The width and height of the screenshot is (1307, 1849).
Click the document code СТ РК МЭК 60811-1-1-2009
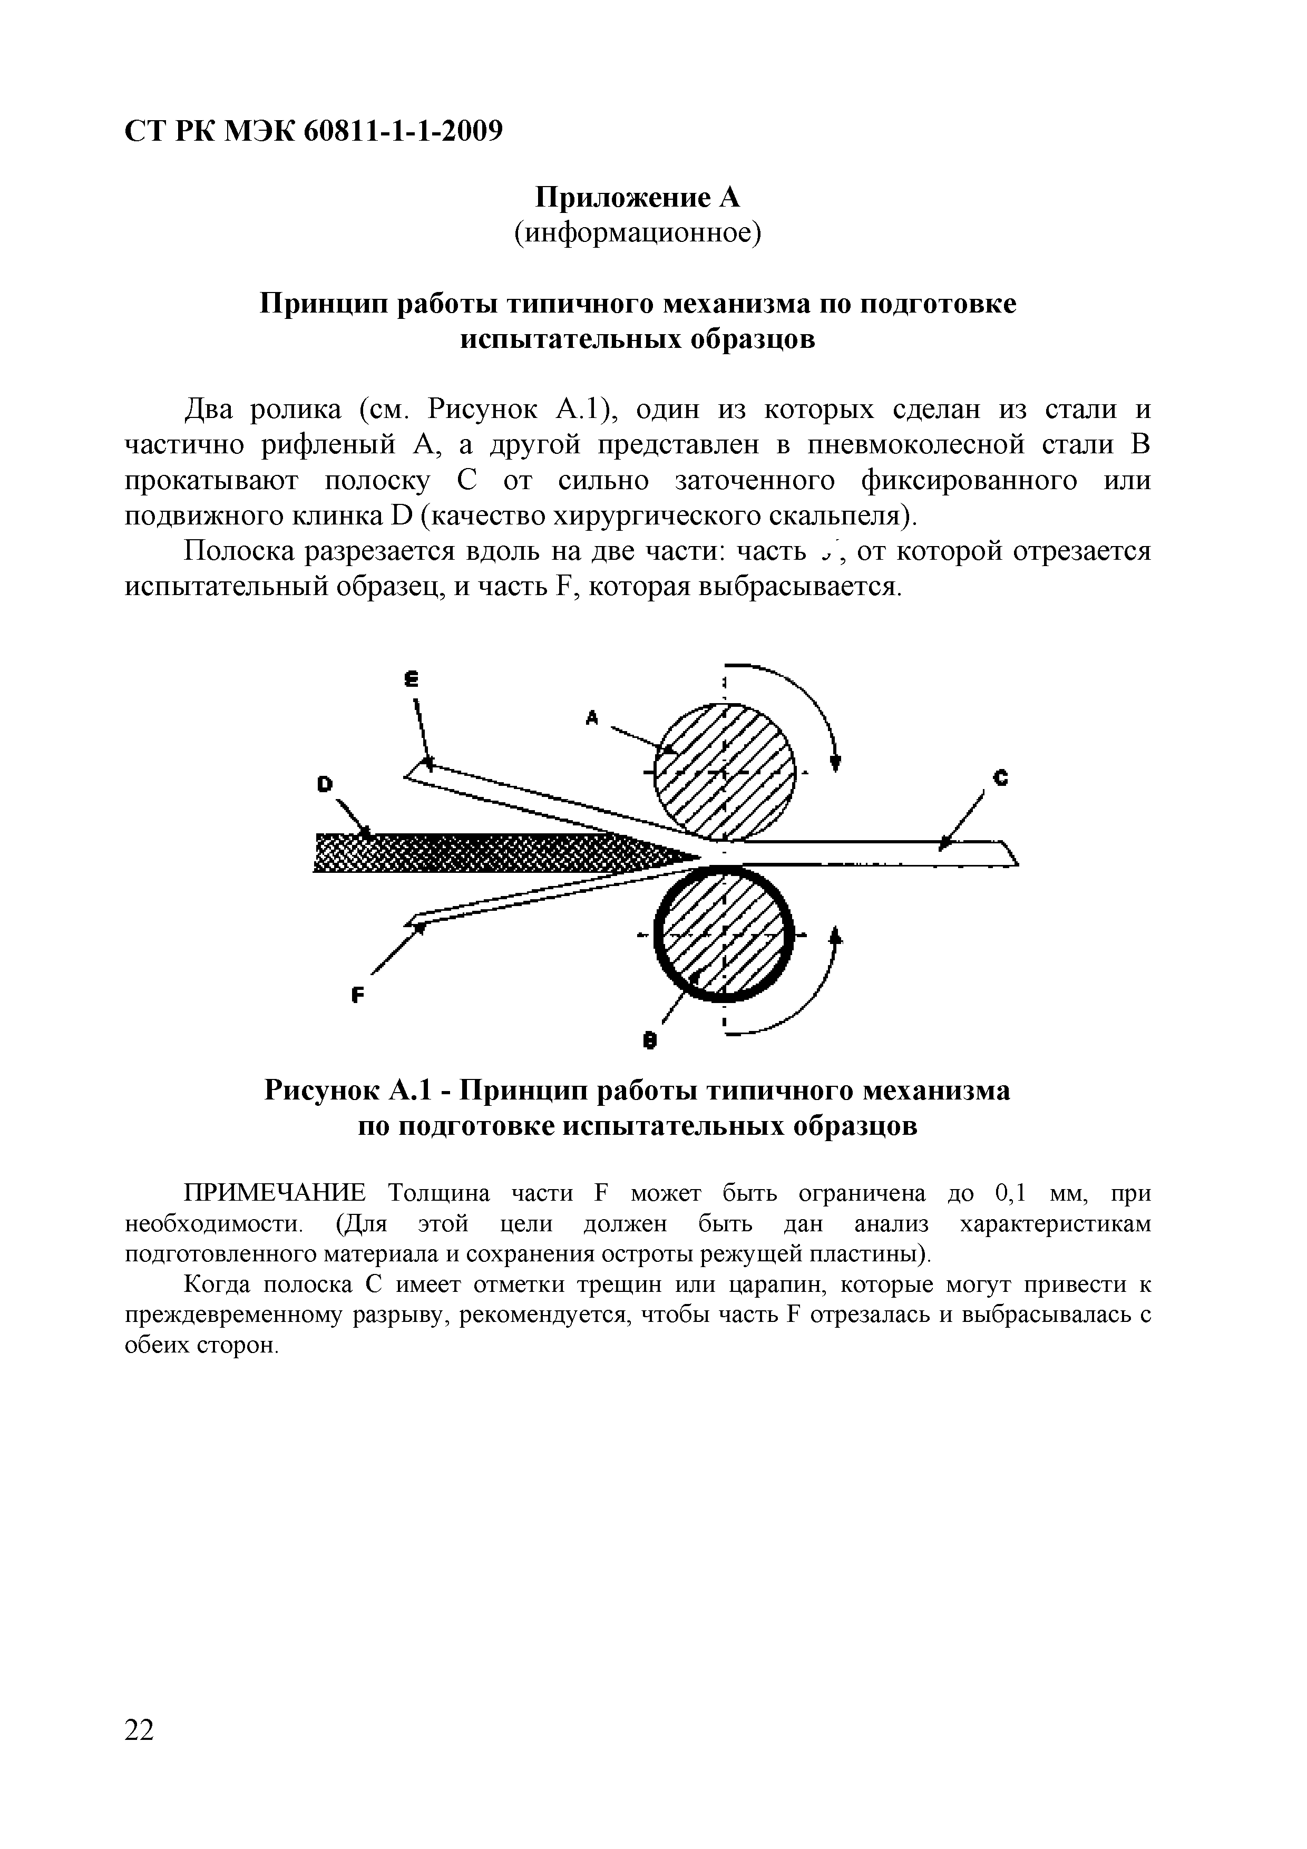point(313,131)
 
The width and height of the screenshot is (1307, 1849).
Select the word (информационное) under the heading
point(638,233)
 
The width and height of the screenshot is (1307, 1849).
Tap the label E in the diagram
point(412,680)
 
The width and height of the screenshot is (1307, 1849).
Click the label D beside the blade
point(325,784)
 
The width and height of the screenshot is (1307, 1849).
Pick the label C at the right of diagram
point(1001,778)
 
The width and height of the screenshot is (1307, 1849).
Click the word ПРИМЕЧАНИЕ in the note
point(275,1193)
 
